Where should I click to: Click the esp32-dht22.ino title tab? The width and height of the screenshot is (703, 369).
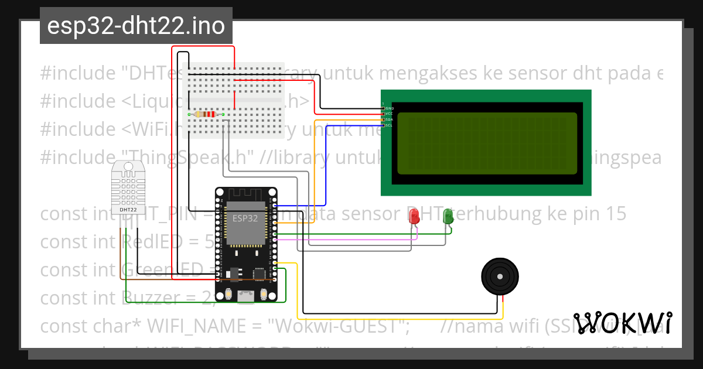136,26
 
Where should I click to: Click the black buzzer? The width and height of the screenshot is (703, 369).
500,276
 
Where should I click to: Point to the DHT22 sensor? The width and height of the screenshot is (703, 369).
128,187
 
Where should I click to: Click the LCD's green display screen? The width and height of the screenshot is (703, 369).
486,143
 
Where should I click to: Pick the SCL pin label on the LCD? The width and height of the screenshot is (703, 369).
388,125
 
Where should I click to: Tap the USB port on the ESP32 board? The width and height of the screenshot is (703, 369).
246,300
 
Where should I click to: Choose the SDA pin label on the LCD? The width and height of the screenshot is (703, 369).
388,119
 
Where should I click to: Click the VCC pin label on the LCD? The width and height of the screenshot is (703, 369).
388,114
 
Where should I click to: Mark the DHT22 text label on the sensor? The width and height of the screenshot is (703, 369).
128,209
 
